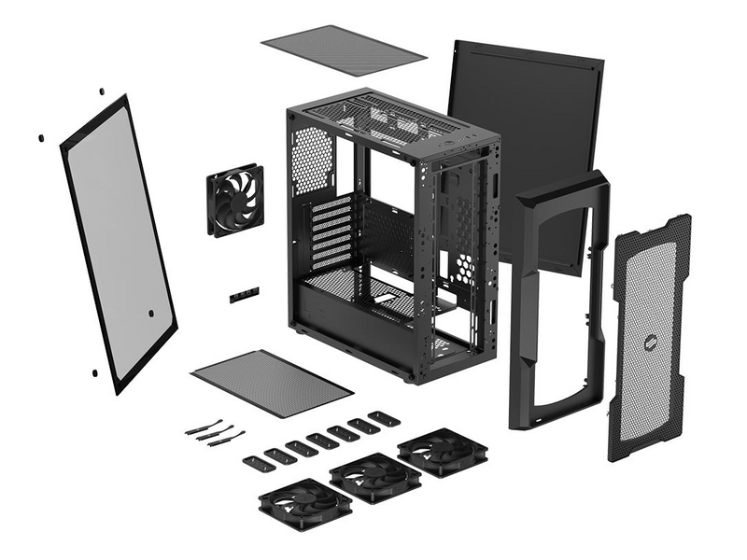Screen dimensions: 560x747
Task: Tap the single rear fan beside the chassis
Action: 234,200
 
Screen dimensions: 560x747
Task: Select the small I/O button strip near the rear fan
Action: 244,295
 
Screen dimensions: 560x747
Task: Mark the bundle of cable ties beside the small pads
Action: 215,430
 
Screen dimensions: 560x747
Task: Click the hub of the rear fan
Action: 234,200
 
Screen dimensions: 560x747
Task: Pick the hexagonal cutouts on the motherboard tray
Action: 464,266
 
